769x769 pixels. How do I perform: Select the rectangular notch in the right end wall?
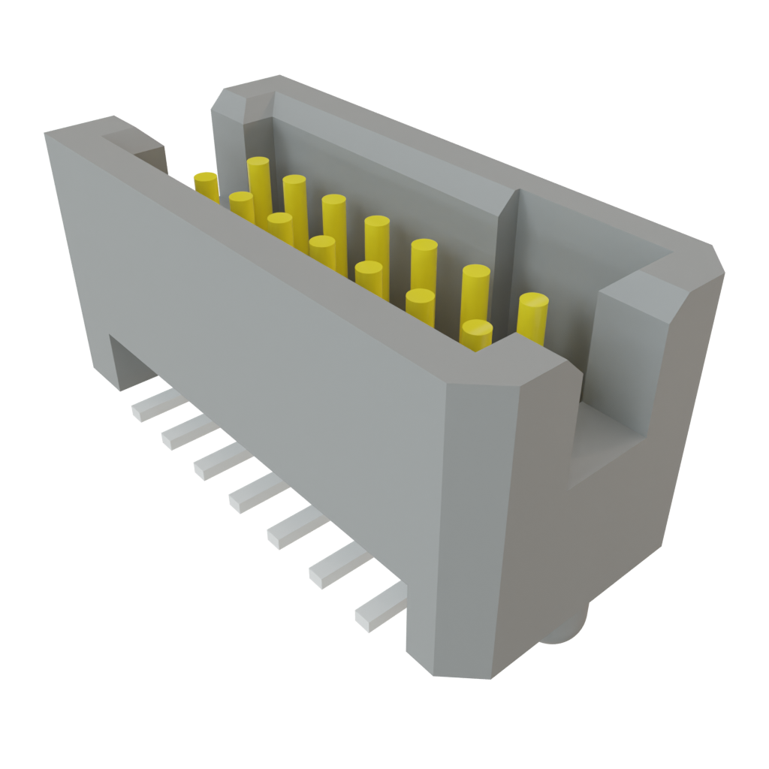click(x=608, y=443)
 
